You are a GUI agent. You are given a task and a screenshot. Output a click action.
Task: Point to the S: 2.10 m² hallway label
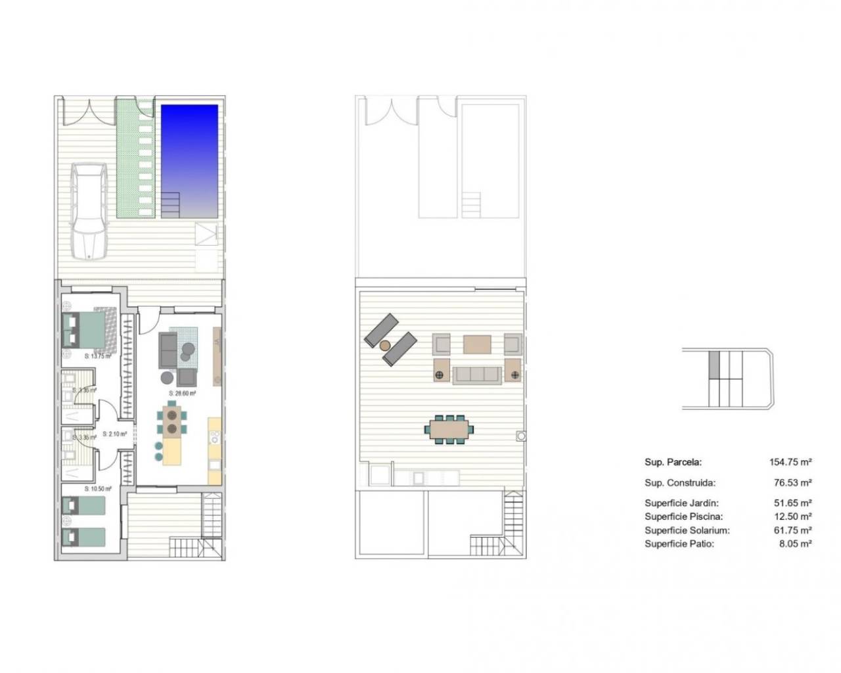116,434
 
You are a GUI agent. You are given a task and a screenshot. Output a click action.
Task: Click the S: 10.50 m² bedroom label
98,489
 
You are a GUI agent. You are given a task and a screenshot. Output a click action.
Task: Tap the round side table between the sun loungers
386,344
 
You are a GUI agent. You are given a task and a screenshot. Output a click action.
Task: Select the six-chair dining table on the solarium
451,429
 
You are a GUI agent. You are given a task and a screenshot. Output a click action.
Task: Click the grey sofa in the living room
169,349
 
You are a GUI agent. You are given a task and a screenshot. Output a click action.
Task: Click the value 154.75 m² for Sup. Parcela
790,462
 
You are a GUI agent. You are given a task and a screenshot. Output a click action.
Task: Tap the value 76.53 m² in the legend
793,482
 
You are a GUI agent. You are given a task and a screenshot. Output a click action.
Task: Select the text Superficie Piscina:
683,517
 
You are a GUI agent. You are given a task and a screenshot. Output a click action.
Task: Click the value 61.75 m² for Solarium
793,530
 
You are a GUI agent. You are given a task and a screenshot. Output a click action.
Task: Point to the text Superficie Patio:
679,544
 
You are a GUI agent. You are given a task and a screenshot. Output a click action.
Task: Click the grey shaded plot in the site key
714,363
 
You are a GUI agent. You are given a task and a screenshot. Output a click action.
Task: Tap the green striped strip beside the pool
137,158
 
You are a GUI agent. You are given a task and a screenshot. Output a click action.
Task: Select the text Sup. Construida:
679,482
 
